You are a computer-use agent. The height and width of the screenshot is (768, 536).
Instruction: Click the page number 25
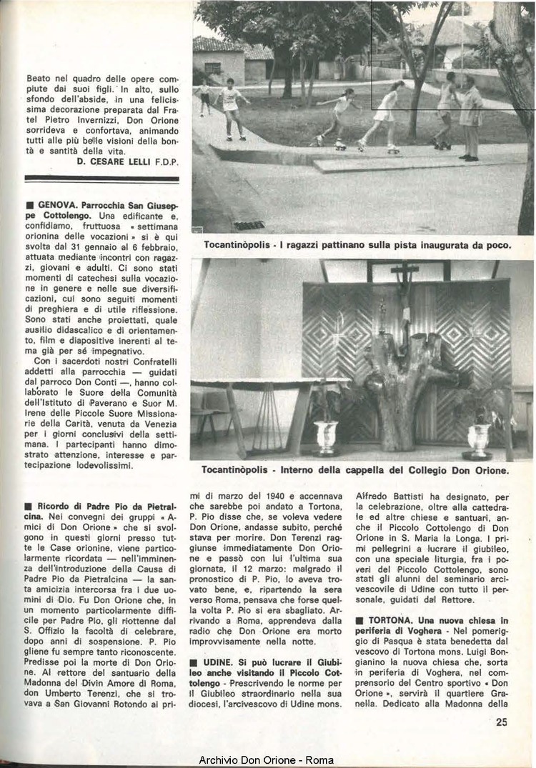[501, 722]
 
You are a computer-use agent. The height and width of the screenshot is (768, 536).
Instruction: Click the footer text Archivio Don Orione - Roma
[267, 760]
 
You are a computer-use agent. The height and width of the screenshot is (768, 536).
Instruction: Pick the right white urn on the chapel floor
[477, 437]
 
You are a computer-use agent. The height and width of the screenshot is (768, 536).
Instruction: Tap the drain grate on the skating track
[249, 224]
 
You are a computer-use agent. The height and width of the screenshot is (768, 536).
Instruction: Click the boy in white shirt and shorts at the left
[230, 107]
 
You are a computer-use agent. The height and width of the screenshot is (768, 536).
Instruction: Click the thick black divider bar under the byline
[101, 179]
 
